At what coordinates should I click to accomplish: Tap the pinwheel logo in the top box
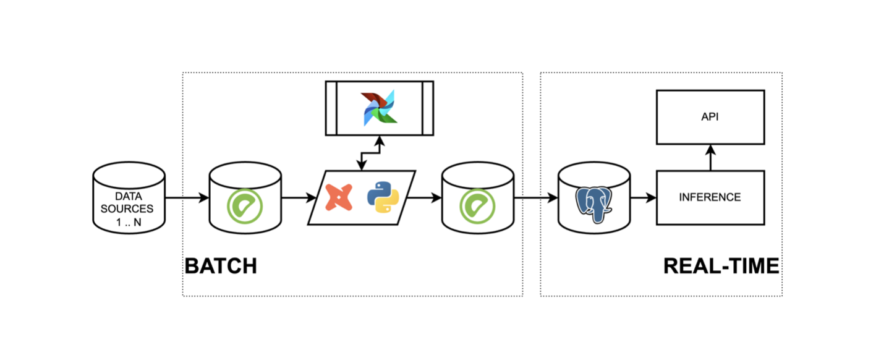point(380,108)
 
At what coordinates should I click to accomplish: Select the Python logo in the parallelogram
point(383,197)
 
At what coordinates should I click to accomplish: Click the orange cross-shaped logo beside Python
point(339,197)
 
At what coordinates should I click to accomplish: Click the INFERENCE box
point(710,197)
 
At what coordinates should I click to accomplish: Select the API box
point(710,116)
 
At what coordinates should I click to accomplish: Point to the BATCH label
point(221,266)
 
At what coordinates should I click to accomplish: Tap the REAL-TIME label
point(721,266)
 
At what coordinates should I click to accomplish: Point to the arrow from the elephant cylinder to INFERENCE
point(643,198)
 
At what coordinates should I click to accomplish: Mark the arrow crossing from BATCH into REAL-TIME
point(535,198)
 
